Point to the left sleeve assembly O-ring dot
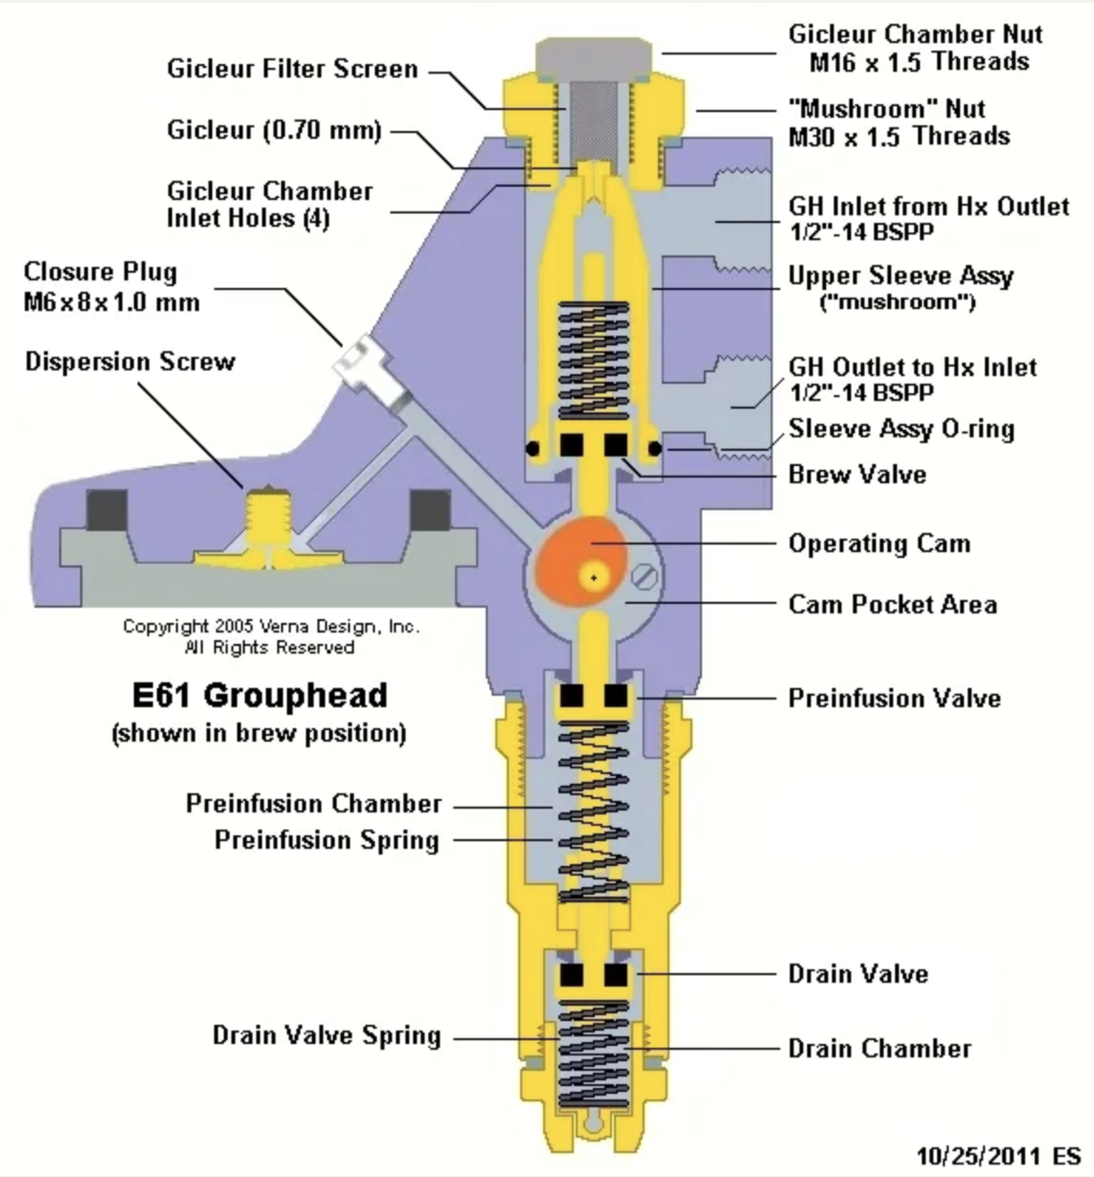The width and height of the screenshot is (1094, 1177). [x=533, y=449]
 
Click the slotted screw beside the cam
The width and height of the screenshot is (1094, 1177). [x=645, y=577]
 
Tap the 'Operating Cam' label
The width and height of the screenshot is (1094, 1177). [x=879, y=544]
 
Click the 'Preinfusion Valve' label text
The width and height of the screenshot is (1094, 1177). [x=894, y=699]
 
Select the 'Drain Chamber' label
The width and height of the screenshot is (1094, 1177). [x=880, y=1049]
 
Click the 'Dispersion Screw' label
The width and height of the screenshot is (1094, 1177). [x=130, y=362]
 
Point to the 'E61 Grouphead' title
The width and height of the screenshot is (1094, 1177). [x=260, y=695]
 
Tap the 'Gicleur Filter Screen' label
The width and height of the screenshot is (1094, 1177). [x=293, y=69]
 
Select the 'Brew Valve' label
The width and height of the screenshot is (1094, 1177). [x=857, y=475]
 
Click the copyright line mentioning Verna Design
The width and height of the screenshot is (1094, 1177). [x=272, y=627]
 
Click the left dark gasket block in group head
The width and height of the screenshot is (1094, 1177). [x=107, y=510]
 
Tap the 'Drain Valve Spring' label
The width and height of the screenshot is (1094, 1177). [x=327, y=1035]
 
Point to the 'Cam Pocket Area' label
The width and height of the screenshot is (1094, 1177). [x=892, y=605]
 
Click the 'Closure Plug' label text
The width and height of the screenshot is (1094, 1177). [x=100, y=272]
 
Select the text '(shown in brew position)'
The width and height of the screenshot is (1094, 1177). [x=259, y=733]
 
